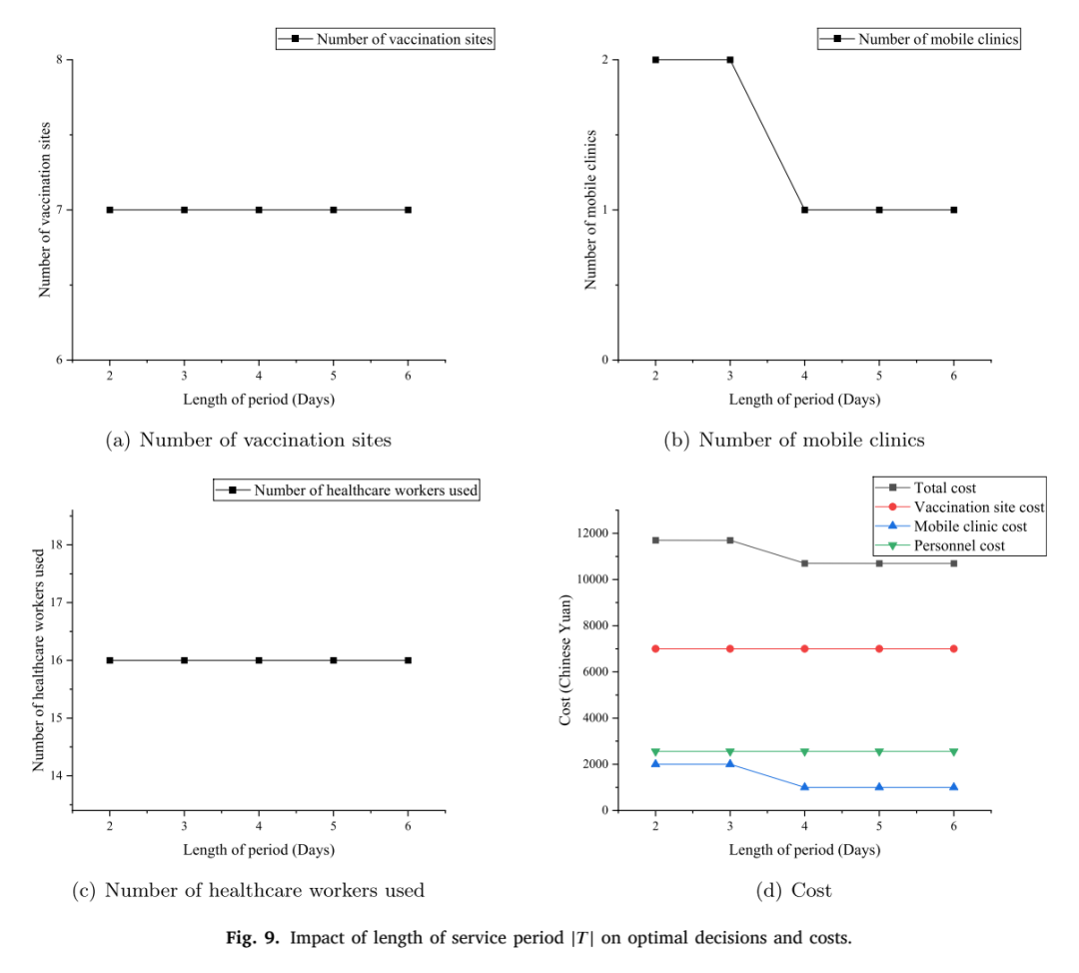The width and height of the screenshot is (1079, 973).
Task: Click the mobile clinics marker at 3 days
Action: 730,60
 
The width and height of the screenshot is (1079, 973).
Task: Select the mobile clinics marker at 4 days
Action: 804,210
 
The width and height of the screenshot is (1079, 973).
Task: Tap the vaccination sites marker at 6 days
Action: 408,210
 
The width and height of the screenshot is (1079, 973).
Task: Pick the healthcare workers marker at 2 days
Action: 110,660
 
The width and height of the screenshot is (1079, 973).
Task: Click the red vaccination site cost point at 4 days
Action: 804,649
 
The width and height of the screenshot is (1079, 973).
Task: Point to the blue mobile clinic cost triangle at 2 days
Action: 655,764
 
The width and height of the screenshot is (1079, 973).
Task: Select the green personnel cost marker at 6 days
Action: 954,752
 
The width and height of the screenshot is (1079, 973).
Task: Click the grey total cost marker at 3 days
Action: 730,540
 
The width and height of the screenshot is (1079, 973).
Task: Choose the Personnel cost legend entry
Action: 940,545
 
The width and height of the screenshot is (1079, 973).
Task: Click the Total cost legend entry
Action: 925,487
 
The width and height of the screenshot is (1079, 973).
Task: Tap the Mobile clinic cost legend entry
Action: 951,526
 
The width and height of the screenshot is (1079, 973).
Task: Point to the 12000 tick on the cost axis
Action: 592,533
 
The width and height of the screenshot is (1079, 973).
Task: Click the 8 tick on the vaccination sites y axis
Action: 59,60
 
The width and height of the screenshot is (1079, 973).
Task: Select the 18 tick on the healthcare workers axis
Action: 56,544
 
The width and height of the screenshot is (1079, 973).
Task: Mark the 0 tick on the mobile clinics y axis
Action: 604,360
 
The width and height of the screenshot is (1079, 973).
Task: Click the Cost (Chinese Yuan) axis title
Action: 564,660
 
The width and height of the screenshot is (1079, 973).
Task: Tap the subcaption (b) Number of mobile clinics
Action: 794,440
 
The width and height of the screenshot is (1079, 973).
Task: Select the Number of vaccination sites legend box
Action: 386,39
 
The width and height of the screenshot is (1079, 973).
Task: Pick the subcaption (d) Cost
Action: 794,890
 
